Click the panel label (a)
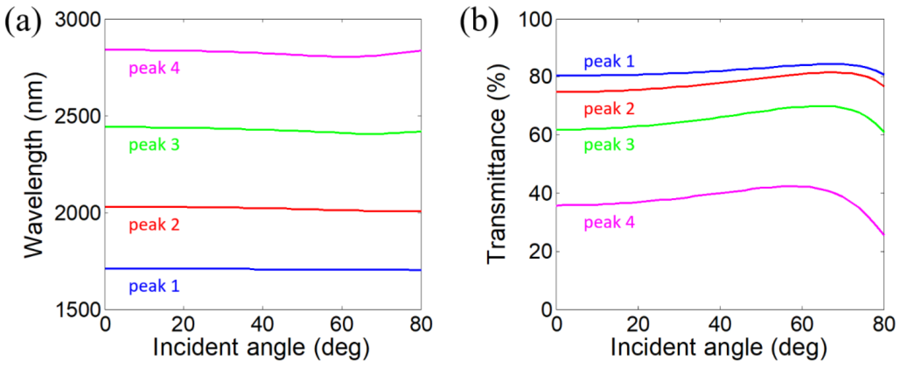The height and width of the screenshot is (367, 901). click(23, 22)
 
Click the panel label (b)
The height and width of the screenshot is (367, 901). click(479, 22)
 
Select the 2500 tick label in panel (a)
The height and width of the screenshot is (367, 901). click(78, 116)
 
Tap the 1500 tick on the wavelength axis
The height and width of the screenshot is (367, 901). click(78, 310)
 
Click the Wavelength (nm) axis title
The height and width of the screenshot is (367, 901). click(34, 165)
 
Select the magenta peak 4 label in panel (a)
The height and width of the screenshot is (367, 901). click(154, 68)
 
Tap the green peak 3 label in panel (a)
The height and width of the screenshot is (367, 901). click(154, 144)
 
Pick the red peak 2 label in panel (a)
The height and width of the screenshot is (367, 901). click(154, 225)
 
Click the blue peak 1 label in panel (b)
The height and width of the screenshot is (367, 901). click(609, 61)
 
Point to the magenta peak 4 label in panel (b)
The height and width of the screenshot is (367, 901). click(609, 222)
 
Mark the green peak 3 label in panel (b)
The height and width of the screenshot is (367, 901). click(609, 144)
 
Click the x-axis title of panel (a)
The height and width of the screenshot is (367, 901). click(261, 348)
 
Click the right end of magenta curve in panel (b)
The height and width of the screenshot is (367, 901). click(884, 234)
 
